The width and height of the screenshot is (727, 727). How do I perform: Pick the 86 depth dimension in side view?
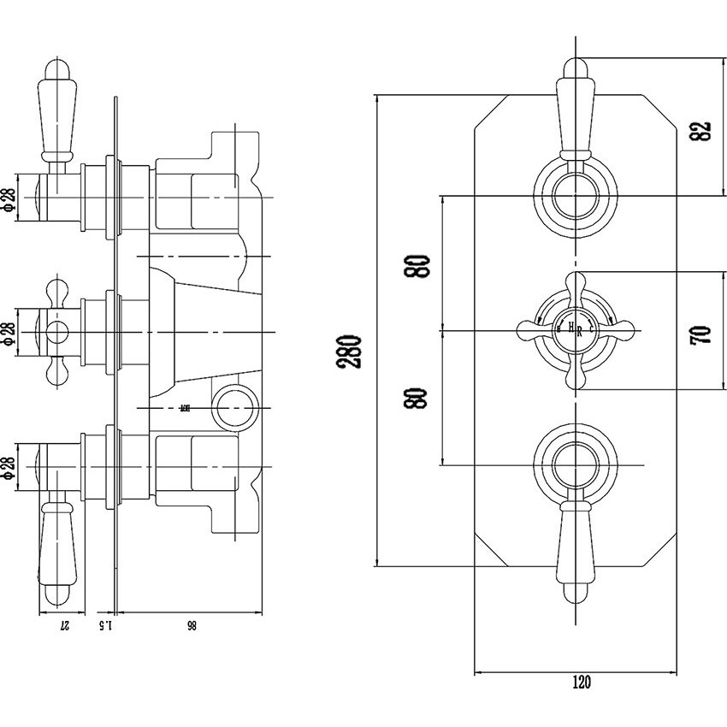[190, 626]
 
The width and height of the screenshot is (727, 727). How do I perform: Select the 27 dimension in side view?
[63, 626]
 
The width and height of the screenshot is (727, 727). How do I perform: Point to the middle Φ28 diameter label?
[9, 330]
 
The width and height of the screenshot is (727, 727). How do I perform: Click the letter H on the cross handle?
[569, 326]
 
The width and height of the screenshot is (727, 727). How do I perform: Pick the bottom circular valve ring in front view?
[575, 465]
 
